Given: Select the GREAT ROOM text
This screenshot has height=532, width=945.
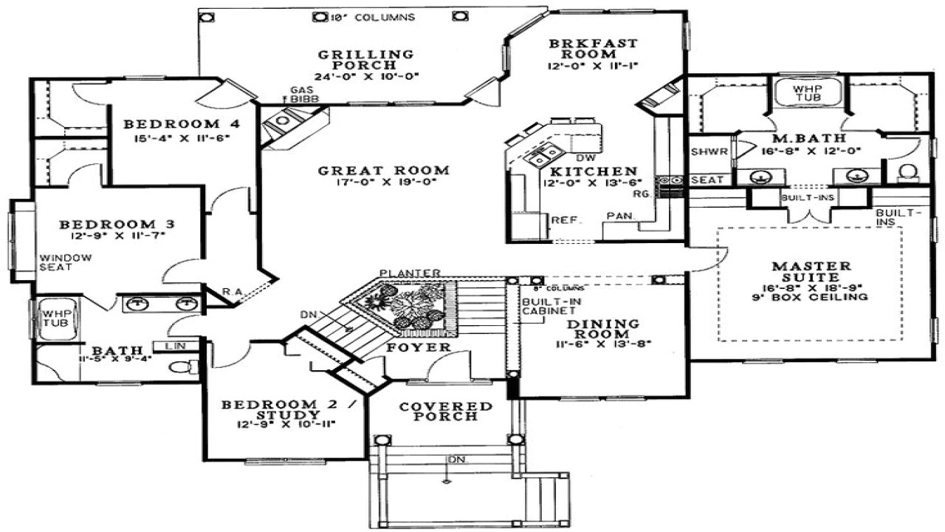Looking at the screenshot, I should click(383, 171).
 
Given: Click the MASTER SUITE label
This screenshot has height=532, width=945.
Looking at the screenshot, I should click(811, 271).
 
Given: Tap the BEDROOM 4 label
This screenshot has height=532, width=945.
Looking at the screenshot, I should click(171, 124).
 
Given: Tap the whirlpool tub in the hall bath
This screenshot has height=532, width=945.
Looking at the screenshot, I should click(53, 318).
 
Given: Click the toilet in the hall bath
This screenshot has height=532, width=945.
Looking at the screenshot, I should click(184, 366).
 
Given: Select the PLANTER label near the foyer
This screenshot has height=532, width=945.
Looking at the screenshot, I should click(410, 273).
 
